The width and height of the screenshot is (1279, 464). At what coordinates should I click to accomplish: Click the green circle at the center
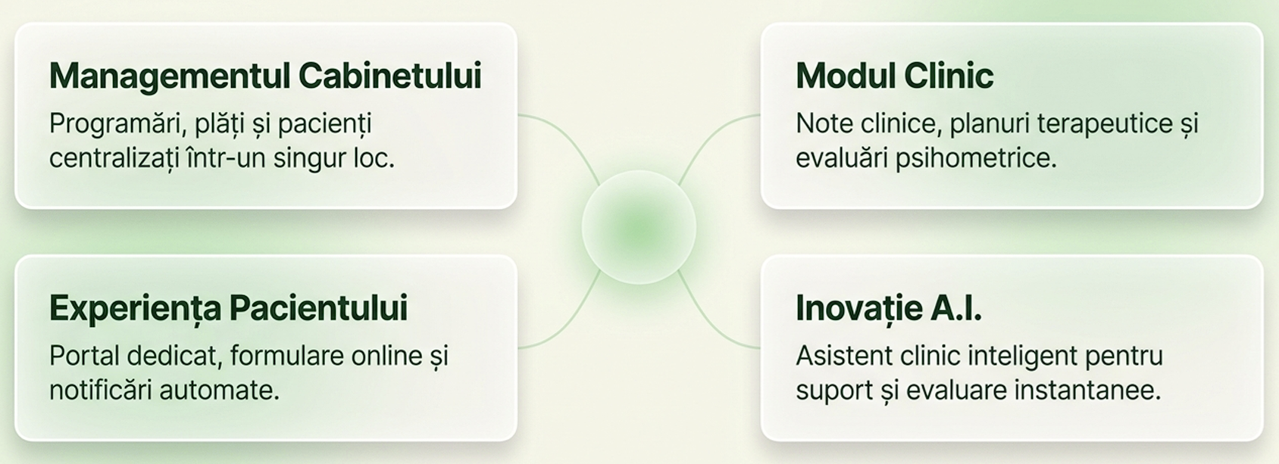[639, 227]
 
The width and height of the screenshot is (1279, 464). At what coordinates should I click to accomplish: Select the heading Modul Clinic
[895, 76]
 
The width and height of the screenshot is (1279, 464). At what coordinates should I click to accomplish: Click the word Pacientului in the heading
[318, 308]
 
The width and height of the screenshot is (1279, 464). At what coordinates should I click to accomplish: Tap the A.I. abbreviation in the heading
[956, 308]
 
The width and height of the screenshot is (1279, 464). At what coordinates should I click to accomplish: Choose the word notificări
[101, 391]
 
